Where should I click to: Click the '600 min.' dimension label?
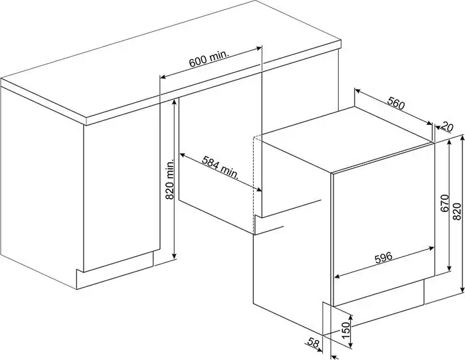(x=209, y=60)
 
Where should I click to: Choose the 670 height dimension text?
(x=444, y=203)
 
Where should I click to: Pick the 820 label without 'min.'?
(x=456, y=212)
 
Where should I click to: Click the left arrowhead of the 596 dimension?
(x=337, y=276)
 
